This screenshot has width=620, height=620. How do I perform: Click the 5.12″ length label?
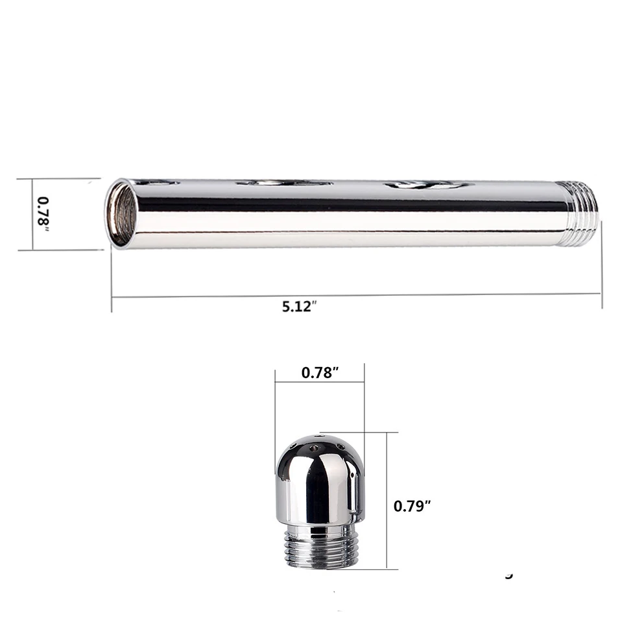(x=300, y=307)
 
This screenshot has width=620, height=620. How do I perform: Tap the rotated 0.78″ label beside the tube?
(x=43, y=214)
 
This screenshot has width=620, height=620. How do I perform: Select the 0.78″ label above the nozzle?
(x=320, y=372)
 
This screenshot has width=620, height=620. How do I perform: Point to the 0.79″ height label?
(x=412, y=506)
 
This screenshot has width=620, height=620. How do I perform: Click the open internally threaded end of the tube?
(x=121, y=214)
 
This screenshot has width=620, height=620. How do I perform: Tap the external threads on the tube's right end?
(x=583, y=213)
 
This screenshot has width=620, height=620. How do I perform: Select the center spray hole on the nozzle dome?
(x=315, y=448)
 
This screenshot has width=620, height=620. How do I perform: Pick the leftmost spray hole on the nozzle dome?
(x=293, y=446)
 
